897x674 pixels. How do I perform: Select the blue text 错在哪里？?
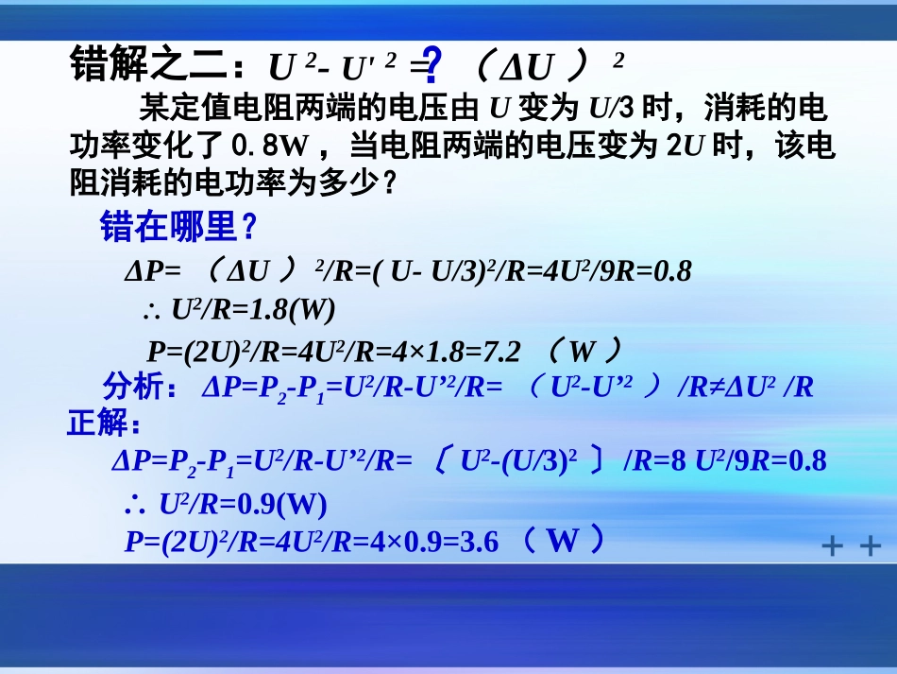pos(178,227)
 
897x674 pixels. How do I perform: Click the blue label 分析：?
pos(138,387)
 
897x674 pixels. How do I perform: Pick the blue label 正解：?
pos(105,423)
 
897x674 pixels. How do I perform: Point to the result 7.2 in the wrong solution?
pos(501,352)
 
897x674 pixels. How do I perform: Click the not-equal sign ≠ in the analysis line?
pos(716,387)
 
